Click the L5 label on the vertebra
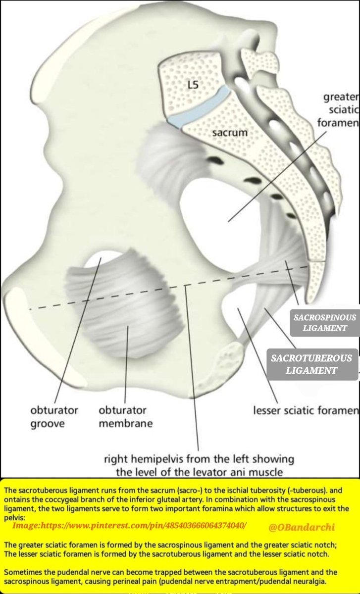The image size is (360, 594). point(193,85)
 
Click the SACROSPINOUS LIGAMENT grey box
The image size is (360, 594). point(325,322)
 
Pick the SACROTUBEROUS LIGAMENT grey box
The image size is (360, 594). point(311,364)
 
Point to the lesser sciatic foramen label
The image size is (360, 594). point(306,410)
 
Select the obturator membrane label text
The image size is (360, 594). point(125,417)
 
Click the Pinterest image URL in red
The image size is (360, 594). point(129,524)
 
